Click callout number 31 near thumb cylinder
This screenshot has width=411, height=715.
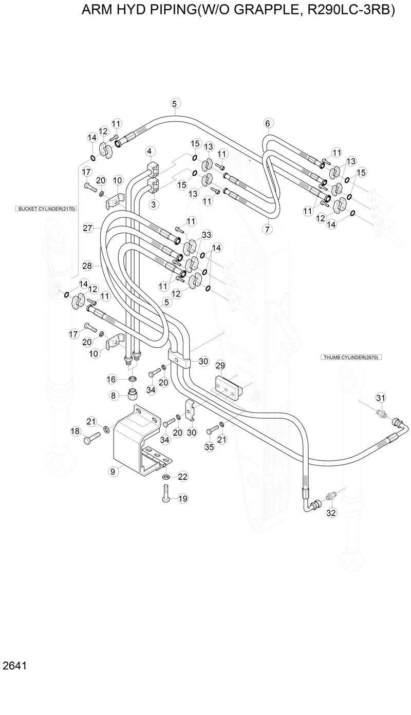(381, 398)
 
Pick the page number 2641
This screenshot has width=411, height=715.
(14, 666)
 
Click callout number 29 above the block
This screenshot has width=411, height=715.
(220, 366)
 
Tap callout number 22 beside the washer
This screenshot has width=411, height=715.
(183, 477)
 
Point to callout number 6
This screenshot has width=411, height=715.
(267, 123)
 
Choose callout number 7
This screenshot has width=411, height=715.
(267, 230)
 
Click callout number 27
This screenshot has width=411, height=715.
(87, 228)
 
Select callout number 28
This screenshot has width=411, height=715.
(87, 266)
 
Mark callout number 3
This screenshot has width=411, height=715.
(153, 204)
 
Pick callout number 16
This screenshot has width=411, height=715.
(111, 379)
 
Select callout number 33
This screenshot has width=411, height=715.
(207, 235)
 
